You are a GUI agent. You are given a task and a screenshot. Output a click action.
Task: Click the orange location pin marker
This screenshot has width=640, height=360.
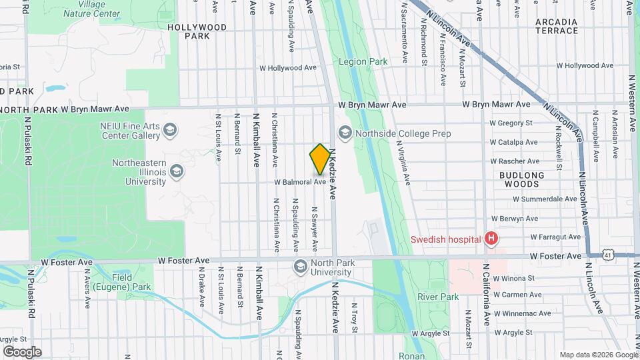click(320, 159)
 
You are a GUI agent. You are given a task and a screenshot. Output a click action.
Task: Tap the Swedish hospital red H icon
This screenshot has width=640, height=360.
click(491, 238)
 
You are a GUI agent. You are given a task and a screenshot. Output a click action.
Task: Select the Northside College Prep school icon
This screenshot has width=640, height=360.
click(345, 133)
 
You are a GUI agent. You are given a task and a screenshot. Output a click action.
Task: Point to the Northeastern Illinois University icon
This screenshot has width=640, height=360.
click(177, 172)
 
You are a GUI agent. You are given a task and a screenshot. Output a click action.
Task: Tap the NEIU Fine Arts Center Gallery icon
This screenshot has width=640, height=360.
click(170, 130)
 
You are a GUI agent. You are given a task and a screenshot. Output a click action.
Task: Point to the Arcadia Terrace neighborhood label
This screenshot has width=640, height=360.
click(557, 26)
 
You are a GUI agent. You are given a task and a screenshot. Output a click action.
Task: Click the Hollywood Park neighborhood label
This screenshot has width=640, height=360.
click(197, 31)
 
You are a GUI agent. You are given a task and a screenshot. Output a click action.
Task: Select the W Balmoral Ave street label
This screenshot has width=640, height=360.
click(299, 181)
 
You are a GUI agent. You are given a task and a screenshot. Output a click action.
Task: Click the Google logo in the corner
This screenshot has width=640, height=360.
click(22, 352)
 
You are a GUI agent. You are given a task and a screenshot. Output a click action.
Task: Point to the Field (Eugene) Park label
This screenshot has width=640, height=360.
click(131, 282)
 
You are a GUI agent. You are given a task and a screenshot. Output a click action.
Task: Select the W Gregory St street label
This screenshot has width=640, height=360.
click(511, 123)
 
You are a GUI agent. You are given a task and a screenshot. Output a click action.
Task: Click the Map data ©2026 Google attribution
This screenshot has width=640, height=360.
click(598, 355)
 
